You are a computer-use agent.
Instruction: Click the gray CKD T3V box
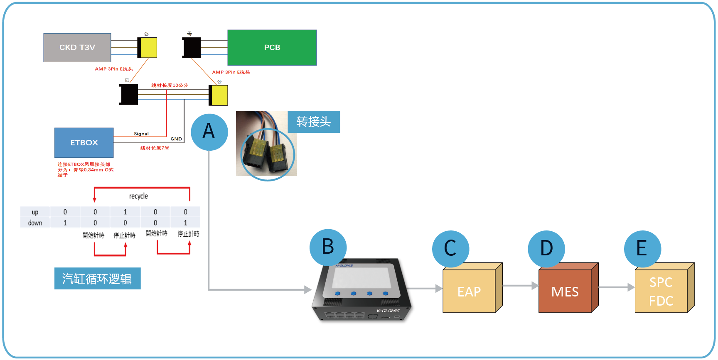click(77, 48)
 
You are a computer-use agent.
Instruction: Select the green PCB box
click(272, 48)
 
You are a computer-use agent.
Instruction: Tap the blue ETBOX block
click(84, 142)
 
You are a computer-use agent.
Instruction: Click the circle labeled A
click(209, 132)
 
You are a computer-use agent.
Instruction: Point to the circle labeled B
click(328, 247)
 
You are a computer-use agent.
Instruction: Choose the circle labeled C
click(450, 249)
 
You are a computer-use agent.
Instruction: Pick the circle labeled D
click(546, 249)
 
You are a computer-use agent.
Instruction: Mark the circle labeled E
click(642, 249)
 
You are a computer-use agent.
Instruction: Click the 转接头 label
click(314, 122)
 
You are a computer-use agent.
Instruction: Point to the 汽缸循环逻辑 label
click(97, 279)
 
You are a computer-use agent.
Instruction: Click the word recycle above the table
click(138, 196)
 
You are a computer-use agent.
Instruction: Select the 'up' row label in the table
click(35, 212)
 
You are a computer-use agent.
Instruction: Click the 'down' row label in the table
click(35, 223)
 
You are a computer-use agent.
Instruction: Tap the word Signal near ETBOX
click(141, 134)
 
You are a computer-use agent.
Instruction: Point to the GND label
click(176, 139)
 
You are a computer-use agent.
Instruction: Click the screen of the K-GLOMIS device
click(361, 277)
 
